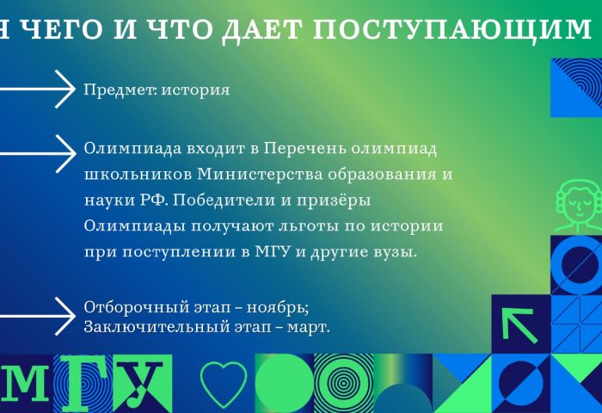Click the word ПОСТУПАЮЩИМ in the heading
[451, 29]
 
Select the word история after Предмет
[195, 89]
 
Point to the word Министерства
[260, 175]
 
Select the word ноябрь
[278, 307]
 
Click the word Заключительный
[152, 327]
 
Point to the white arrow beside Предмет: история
[38, 89]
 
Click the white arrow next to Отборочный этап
[38, 316]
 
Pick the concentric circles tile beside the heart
[343, 383]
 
